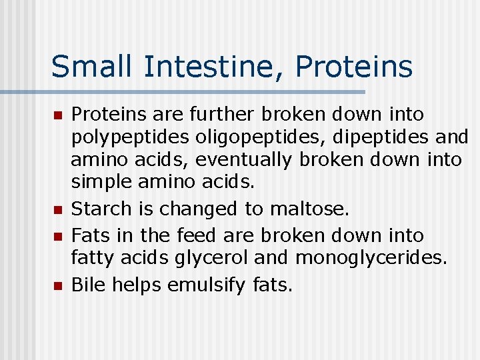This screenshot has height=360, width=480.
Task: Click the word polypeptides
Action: pos(131,138)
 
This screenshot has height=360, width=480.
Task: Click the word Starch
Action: pos(102,209)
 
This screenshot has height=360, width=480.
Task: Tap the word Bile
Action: pos(88,285)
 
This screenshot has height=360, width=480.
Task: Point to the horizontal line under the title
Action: pos(200,92)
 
